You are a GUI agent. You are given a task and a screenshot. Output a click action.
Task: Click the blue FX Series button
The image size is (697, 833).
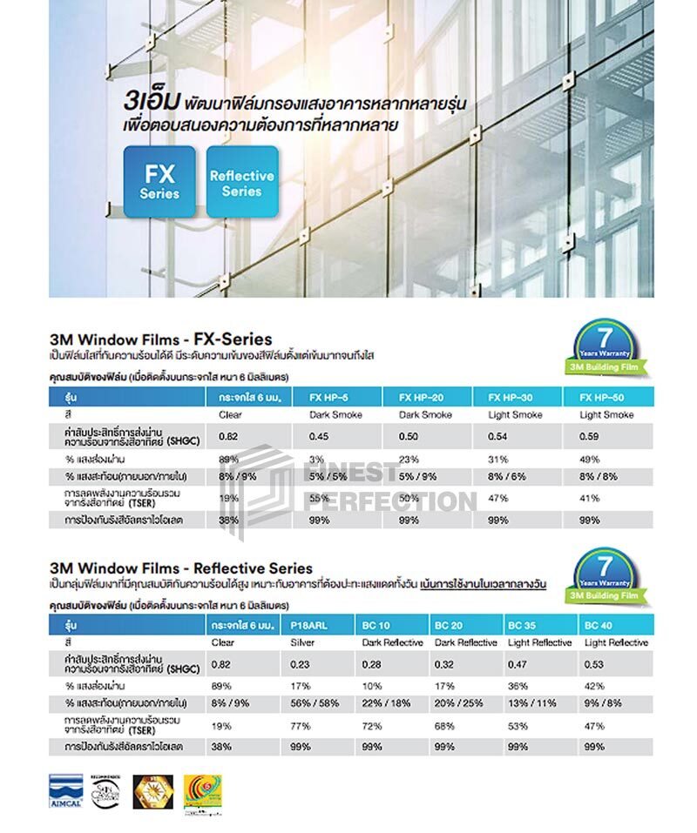point(159,181)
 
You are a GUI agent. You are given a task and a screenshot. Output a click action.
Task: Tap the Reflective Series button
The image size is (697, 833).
point(242,182)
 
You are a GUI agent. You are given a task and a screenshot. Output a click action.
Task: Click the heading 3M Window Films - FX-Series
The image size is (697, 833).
point(161,339)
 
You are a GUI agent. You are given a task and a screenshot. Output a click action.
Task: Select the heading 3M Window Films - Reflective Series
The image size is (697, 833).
point(181,568)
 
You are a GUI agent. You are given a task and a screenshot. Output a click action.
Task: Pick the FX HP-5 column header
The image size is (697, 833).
point(328,397)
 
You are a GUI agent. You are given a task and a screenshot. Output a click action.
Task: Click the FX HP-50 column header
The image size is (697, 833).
point(599,397)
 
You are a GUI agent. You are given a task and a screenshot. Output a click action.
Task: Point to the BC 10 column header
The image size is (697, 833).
point(376,626)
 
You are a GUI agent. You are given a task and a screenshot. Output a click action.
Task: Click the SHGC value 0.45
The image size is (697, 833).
point(318,436)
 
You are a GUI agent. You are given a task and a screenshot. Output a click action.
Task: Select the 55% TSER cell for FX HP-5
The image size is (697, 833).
point(318,498)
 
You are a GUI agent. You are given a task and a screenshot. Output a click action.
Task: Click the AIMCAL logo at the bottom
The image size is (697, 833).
point(67,790)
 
